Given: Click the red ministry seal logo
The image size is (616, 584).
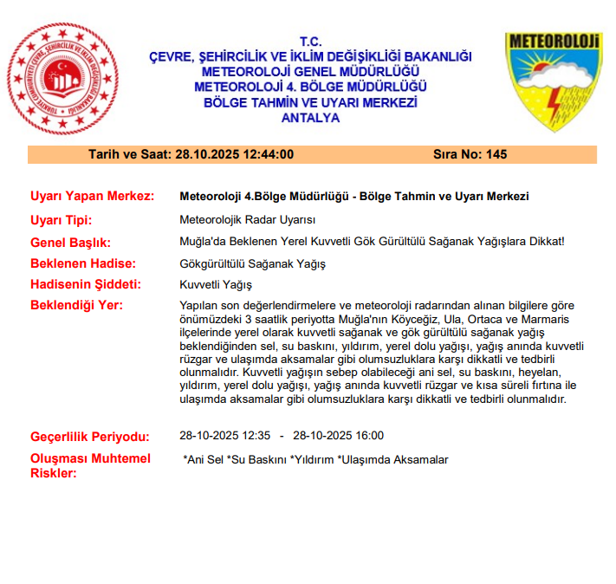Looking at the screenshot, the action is tap(63, 81).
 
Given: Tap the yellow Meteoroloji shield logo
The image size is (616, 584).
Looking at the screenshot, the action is tap(553, 81).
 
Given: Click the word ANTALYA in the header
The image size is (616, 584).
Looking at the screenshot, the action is tap(310, 118).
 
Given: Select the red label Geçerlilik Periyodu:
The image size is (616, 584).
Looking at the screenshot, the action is tap(90, 437).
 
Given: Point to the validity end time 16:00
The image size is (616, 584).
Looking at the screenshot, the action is tap(368, 436).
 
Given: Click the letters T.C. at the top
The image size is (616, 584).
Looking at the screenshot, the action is tap(310, 42).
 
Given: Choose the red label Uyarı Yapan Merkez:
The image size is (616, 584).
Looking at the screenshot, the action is tap(92, 197).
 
